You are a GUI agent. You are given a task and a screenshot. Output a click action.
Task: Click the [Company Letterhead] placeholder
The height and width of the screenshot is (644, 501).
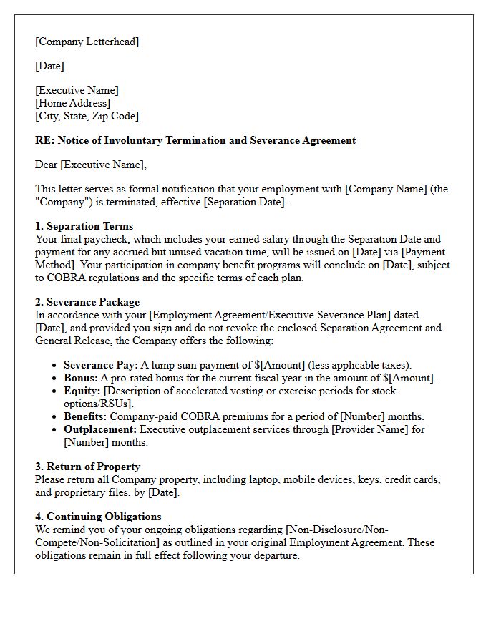click(x=87, y=42)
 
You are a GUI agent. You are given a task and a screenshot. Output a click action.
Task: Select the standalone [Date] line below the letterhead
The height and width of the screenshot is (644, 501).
click(x=49, y=66)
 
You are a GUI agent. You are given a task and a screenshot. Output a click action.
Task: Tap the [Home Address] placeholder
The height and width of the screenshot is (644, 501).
click(x=73, y=103)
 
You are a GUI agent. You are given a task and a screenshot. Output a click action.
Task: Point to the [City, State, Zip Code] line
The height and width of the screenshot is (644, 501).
click(x=87, y=116)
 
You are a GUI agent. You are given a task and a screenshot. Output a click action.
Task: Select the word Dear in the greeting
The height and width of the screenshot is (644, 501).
click(x=47, y=165)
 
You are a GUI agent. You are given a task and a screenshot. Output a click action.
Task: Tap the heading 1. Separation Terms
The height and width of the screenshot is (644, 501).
click(x=84, y=226)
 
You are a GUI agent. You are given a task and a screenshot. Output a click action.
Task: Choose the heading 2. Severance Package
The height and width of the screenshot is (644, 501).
click(x=87, y=302)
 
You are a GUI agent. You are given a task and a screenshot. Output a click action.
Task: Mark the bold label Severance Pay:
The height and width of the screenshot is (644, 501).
click(x=101, y=365)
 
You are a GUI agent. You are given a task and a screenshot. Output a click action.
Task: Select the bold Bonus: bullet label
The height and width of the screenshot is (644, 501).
click(x=80, y=378)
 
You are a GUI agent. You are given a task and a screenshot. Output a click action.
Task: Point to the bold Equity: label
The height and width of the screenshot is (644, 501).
click(x=82, y=391)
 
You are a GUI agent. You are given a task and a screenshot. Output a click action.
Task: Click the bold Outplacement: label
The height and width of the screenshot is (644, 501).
click(x=99, y=429)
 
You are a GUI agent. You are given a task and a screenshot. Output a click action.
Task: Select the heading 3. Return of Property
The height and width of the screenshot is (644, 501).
click(x=89, y=467)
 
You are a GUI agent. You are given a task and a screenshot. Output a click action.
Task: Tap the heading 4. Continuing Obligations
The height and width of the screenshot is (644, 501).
click(x=98, y=517)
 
